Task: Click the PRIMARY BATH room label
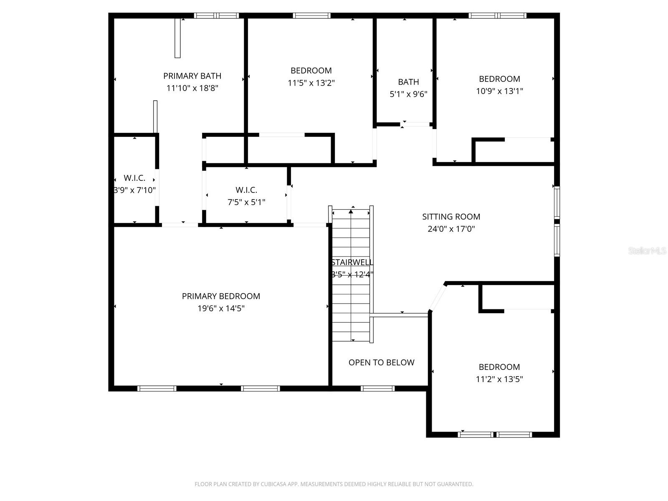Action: coord(192,76)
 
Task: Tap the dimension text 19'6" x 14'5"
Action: coord(221,309)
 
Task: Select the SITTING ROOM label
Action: coord(451,217)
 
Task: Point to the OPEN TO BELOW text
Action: coord(381,362)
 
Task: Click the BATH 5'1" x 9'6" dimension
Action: coord(408,94)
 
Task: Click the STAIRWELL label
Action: coord(352,262)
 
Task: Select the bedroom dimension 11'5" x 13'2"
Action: coord(311,83)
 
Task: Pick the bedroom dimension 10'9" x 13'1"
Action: coord(499,91)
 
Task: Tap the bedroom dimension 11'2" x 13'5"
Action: coord(499,379)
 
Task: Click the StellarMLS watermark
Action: coord(647,250)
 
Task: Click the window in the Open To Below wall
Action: coord(377,389)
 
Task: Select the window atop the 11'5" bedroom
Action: coord(311,16)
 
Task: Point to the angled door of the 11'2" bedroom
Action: coord(438,297)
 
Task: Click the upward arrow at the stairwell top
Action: coord(351,212)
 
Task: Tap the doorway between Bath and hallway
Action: coord(416,124)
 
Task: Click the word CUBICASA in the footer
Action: coord(277,484)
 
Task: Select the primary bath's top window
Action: coord(216,16)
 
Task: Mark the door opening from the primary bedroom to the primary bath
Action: coord(180,225)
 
